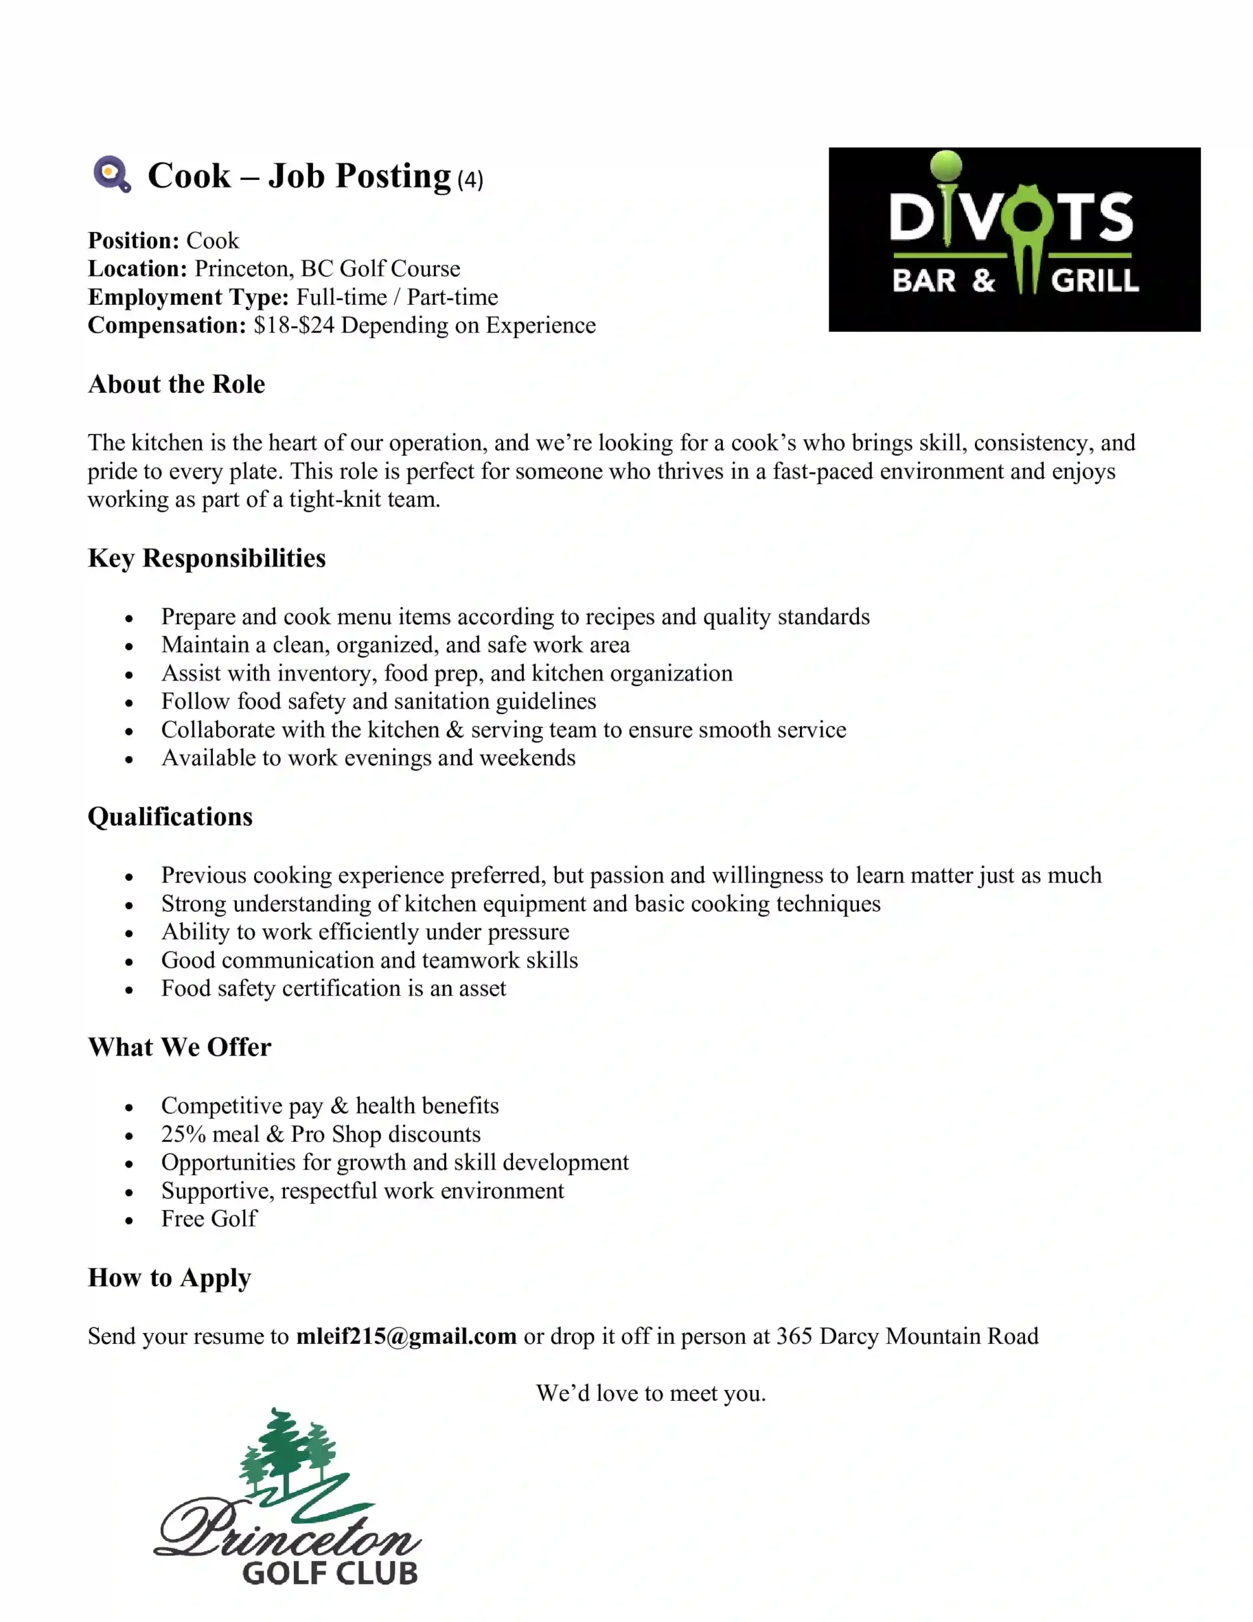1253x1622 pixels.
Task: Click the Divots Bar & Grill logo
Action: (1014, 239)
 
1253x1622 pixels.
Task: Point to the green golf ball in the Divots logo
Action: (946, 165)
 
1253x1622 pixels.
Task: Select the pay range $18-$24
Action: (293, 325)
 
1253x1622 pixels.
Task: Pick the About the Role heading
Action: (176, 384)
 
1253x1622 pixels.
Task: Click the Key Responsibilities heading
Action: (207, 558)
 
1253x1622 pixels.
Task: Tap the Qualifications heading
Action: (170, 816)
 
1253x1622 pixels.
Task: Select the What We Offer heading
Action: (179, 1047)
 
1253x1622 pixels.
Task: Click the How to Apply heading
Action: (169, 1277)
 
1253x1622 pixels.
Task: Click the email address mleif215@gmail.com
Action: (405, 1336)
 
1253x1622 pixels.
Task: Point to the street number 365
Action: (794, 1336)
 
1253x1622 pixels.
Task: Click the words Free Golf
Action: (208, 1219)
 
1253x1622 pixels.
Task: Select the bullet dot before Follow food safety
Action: (129, 703)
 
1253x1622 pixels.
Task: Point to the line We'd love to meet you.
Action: (651, 1393)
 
